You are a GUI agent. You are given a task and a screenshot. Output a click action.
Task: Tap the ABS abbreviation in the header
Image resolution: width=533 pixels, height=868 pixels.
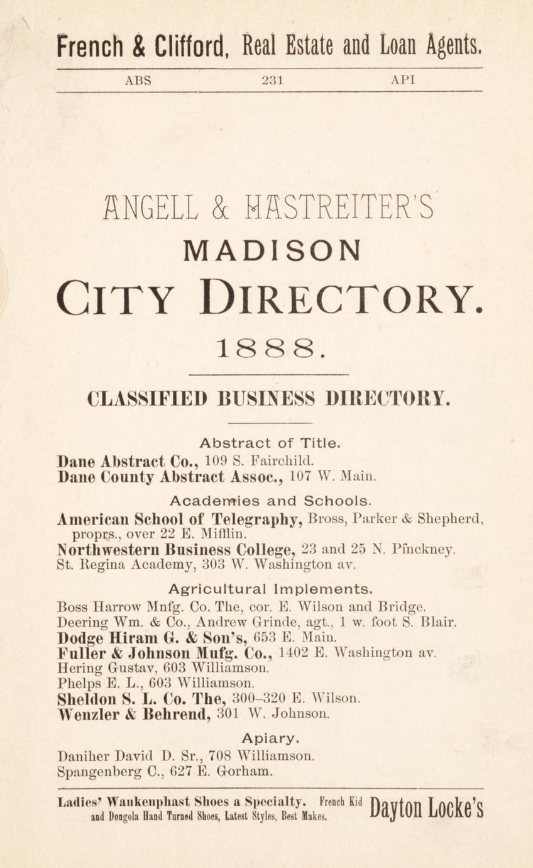(x=138, y=80)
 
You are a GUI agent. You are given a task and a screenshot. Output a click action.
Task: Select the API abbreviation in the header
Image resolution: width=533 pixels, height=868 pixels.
(x=402, y=80)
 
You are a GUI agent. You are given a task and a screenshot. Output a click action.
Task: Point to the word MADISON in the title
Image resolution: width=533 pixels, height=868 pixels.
(x=272, y=251)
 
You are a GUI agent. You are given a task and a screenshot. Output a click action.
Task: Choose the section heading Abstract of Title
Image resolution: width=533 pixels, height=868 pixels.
(x=270, y=443)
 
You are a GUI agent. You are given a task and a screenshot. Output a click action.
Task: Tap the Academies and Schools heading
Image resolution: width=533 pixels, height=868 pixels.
(x=270, y=501)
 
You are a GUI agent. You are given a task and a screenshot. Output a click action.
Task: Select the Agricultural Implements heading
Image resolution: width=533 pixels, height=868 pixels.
(x=270, y=589)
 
